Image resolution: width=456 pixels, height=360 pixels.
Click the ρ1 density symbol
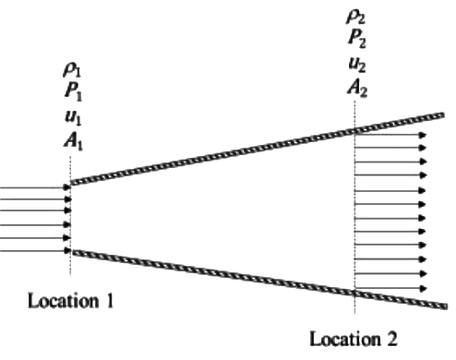(68, 68)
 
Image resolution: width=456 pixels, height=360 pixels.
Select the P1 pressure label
(68, 93)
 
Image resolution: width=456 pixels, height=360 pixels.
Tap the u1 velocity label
(68, 117)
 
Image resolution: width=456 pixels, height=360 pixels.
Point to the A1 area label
(68, 142)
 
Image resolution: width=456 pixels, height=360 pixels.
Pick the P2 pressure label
(355, 39)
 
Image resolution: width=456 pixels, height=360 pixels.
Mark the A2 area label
(355, 89)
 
